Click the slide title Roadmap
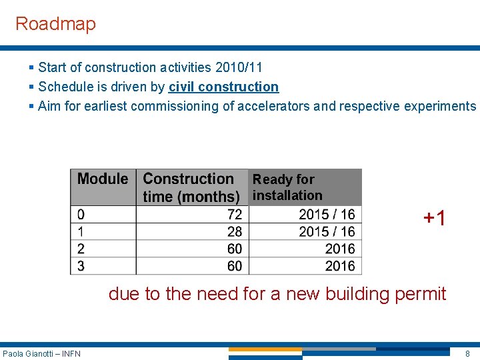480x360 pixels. tap(55, 24)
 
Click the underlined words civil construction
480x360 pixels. tap(223, 87)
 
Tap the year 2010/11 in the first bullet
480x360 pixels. tap(239, 67)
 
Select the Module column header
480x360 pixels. tap(103, 179)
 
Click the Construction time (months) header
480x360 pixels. tap(191, 187)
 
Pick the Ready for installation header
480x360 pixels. tap(287, 187)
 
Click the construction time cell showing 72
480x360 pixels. tap(235, 214)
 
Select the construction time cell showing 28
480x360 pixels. tap(235, 231)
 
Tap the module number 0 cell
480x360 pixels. tap(81, 214)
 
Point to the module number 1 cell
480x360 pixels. tap(81, 231)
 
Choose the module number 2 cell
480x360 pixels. tap(81, 249)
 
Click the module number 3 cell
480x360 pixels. tap(81, 266)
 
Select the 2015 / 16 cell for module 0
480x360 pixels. tap(327, 214)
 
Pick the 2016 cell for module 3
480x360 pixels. tap(340, 266)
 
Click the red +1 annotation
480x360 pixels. tap(435, 218)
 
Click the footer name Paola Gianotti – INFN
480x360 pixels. tap(41, 353)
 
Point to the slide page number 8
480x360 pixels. tap(467, 353)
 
